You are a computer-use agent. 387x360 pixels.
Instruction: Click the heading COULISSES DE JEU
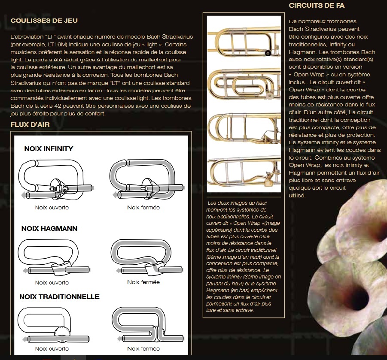44,21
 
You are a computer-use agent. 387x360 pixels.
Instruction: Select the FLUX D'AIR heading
30,125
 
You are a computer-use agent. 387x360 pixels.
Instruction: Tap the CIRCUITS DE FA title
317,6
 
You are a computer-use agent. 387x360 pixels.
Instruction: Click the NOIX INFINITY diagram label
49,149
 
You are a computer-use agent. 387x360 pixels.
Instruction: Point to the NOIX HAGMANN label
49,229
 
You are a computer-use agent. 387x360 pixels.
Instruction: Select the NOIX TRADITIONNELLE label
60,297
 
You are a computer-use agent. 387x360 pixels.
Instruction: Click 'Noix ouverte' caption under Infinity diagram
52,208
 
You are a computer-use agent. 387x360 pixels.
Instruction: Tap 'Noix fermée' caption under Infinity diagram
143,208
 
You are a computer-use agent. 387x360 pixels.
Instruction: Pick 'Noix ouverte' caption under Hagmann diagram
52,283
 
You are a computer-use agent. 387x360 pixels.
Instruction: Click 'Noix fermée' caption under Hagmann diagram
143,282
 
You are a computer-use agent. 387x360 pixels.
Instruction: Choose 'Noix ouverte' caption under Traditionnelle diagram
52,349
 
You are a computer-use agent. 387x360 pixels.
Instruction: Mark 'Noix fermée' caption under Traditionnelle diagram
143,349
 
